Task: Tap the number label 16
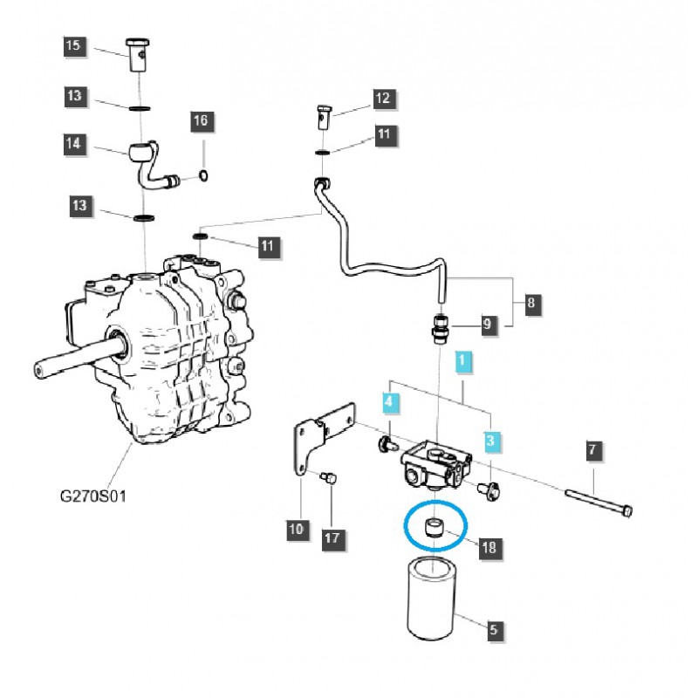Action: pos(201,121)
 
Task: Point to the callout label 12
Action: pos(383,99)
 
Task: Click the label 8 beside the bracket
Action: pos(531,305)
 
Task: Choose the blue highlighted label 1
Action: pos(464,359)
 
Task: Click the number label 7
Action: pos(592,451)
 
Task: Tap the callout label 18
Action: pos(488,548)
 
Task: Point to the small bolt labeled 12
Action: pos(323,114)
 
